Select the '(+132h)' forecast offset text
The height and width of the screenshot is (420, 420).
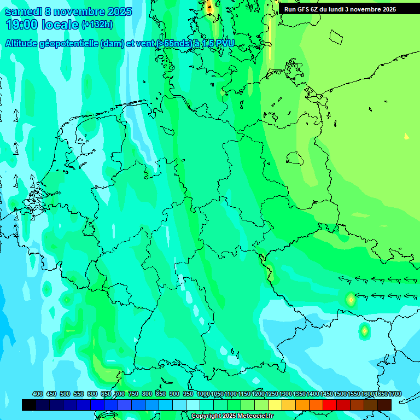[97, 25]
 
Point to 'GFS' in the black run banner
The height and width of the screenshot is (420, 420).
[305, 9]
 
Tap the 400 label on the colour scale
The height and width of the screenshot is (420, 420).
[38, 394]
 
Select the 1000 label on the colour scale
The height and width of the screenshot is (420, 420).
[203, 394]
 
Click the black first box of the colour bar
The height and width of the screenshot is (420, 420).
[29, 405]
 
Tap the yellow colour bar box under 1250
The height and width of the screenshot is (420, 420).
[275, 405]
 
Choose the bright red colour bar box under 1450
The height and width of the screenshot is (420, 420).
[330, 405]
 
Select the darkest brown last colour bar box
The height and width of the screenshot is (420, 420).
[384, 405]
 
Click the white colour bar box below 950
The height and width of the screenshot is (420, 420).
[193, 405]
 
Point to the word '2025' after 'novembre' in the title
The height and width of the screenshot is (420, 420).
[115, 11]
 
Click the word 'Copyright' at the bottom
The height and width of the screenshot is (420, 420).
[206, 416]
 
